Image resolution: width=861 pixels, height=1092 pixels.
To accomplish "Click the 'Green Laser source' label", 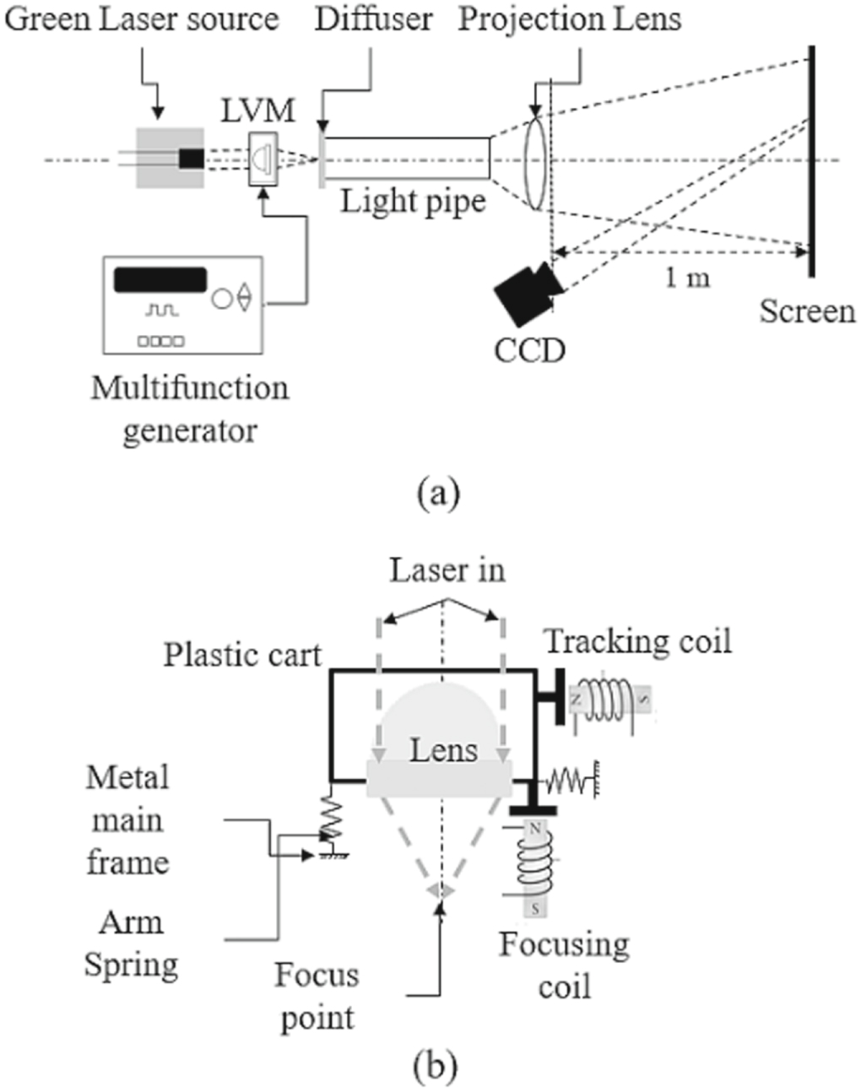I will click(x=141, y=19).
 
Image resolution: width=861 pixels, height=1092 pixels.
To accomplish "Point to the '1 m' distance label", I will click(x=686, y=276).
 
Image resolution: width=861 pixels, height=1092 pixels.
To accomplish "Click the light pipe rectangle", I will click(x=407, y=158).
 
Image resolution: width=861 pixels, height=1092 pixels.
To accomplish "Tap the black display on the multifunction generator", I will click(x=160, y=279).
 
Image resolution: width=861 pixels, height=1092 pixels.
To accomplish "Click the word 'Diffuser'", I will click(x=374, y=19).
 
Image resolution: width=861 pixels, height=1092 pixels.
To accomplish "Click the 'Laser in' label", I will click(x=447, y=570).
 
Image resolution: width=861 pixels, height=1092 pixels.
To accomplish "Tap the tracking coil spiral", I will click(x=611, y=699).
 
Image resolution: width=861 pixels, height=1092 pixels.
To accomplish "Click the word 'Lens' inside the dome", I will click(x=443, y=749).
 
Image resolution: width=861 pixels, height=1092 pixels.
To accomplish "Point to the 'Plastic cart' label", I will click(x=242, y=655).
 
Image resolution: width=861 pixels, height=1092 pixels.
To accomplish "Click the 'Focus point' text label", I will click(x=317, y=997).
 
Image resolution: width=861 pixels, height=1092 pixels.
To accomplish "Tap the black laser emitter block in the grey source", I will click(x=191, y=158).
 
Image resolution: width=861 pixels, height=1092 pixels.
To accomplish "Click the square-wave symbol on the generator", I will click(x=161, y=311).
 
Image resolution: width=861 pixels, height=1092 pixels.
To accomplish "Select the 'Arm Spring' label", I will click(x=131, y=943).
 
